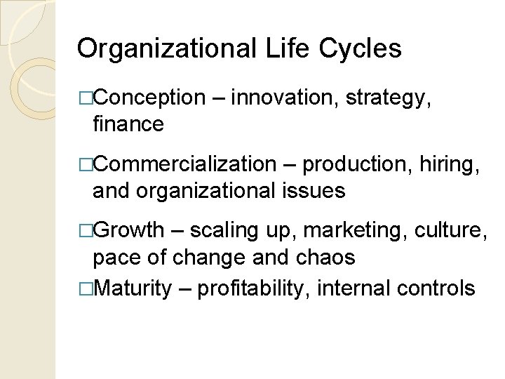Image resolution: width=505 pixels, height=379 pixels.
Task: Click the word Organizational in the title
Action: [x=168, y=49]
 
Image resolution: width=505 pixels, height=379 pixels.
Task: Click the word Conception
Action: [x=149, y=98]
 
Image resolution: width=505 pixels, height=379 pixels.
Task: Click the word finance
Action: [x=128, y=125]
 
